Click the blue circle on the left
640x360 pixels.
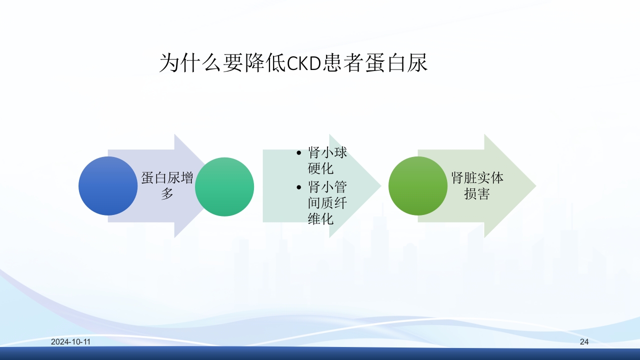tap(108, 186)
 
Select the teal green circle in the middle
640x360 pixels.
tap(224, 186)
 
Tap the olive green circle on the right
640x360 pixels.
tap(418, 186)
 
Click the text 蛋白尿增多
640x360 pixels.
tap(167, 186)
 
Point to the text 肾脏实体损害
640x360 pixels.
tap(477, 186)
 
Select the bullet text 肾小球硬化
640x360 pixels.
tap(327, 160)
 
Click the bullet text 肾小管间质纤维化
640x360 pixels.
tap(327, 202)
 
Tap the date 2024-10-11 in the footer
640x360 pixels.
tap(71, 342)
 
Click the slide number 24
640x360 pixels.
tap(584, 342)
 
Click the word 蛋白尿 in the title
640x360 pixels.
tap(396, 64)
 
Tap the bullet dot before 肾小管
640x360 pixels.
tap(299, 188)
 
